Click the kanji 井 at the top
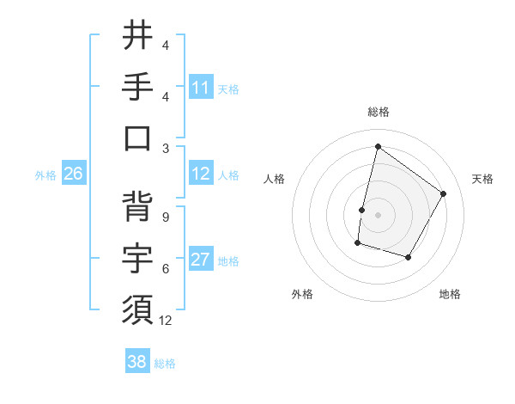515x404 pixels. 137,36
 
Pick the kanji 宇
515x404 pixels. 137,258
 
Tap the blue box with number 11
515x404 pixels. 201,87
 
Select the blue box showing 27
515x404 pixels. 201,260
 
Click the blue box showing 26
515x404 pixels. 74,174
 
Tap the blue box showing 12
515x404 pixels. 201,174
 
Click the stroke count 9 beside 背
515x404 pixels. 165,217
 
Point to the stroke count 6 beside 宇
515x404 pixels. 165,269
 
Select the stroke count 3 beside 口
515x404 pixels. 165,148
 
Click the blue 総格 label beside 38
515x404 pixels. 166,364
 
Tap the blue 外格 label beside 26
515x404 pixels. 45,175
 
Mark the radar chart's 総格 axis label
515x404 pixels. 378,113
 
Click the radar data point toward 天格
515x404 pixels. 444,193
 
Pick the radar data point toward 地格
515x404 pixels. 409,258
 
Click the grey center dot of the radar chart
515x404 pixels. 378,215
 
